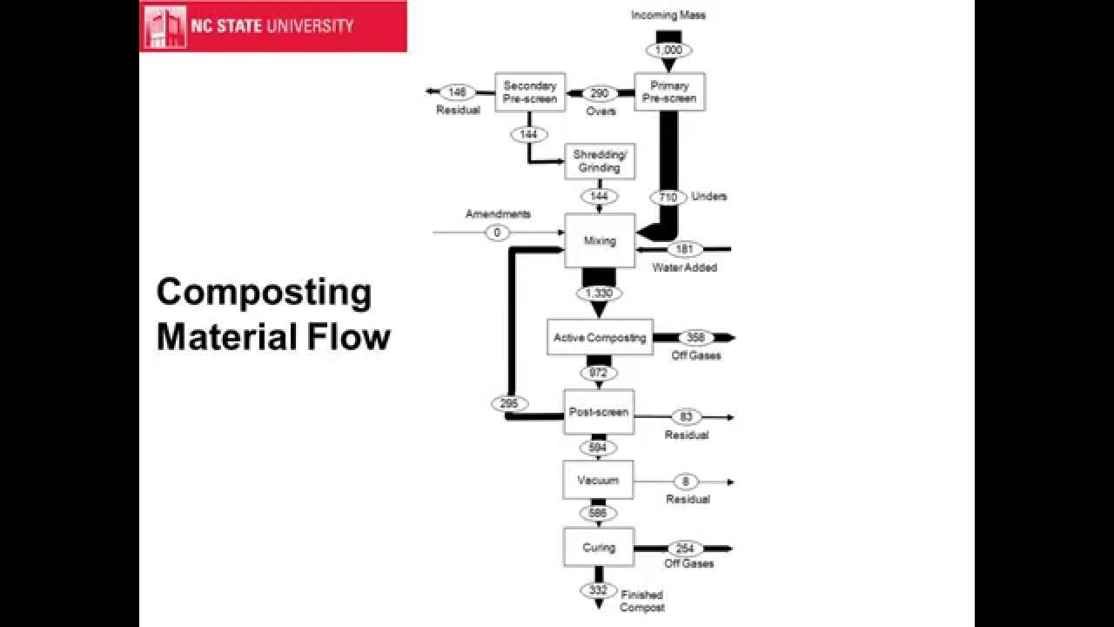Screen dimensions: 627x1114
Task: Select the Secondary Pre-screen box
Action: [x=530, y=92]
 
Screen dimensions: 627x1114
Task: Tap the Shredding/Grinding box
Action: [x=596, y=161]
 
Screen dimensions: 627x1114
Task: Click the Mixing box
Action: [x=601, y=240]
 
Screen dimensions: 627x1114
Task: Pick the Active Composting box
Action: [x=600, y=338]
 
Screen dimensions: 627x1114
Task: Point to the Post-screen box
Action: [x=598, y=412]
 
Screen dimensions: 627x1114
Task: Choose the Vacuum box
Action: [x=598, y=480]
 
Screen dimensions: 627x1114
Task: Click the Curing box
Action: [x=598, y=548]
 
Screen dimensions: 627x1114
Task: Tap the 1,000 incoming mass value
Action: [x=668, y=50]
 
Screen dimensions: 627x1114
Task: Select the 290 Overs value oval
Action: [x=600, y=93]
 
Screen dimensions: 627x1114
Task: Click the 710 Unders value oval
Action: [x=668, y=198]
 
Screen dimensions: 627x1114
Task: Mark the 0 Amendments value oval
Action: [x=497, y=233]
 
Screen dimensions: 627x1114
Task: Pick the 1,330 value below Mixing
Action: [x=599, y=293]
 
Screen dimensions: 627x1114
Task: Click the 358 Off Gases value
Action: [x=695, y=338]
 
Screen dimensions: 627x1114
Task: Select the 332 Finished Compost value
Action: [x=598, y=590]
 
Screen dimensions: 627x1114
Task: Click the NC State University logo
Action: [x=272, y=26]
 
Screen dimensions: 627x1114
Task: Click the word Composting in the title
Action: [x=264, y=293]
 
